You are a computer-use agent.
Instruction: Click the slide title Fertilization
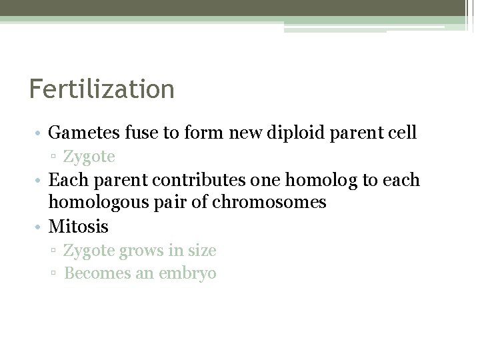[x=101, y=89]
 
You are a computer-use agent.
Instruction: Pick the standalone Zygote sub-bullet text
[x=89, y=157]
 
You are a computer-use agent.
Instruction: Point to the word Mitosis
[x=79, y=227]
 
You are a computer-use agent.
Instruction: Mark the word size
[x=201, y=251]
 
